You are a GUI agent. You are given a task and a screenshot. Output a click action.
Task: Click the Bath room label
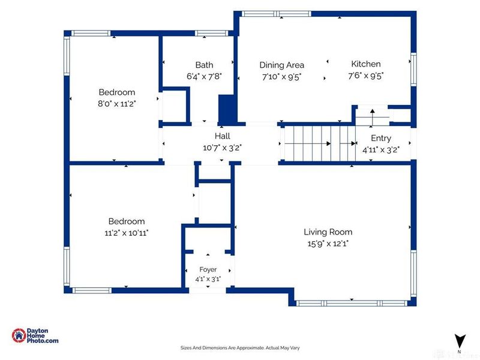click(x=204, y=65)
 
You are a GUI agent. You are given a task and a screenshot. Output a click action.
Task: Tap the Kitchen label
click(x=366, y=64)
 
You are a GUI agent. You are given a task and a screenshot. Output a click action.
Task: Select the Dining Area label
click(x=281, y=65)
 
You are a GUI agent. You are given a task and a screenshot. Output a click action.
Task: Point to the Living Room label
click(x=328, y=232)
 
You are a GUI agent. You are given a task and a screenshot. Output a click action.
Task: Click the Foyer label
click(x=208, y=269)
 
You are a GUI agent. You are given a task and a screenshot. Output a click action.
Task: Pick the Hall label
click(x=222, y=136)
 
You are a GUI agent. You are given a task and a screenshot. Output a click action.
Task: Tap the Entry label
click(x=381, y=139)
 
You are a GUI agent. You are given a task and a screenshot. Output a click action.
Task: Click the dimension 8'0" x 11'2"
click(x=116, y=104)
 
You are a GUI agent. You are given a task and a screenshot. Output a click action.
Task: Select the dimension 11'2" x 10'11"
click(x=127, y=233)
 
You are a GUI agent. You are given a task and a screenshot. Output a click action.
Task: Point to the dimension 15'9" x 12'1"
click(x=328, y=244)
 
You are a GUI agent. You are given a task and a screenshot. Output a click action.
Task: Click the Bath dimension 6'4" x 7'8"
click(x=204, y=76)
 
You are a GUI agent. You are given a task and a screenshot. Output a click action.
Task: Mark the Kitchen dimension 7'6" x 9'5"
click(x=366, y=76)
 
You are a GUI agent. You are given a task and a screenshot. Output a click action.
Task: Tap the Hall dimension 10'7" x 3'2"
click(x=222, y=148)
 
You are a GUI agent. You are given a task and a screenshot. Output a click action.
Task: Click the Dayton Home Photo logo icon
click(x=19, y=335)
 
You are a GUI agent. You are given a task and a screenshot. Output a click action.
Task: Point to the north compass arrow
click(x=460, y=341)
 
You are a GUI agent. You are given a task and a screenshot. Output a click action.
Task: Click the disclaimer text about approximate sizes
click(x=240, y=348)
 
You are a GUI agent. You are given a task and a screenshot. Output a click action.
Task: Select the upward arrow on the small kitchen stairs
click(x=372, y=117)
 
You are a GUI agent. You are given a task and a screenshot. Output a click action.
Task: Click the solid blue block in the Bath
click(x=227, y=109)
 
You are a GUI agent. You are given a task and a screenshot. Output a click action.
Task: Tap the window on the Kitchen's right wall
click(x=413, y=69)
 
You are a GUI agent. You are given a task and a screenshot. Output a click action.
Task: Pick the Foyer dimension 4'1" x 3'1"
click(x=208, y=279)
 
